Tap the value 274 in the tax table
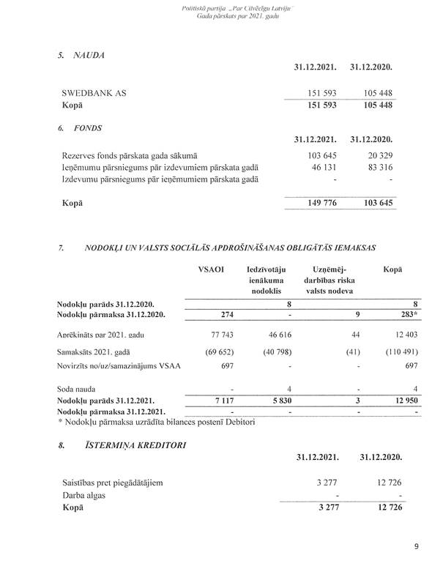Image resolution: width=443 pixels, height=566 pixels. [x=212, y=315]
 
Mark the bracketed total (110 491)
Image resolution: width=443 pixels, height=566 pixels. [x=395, y=351]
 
